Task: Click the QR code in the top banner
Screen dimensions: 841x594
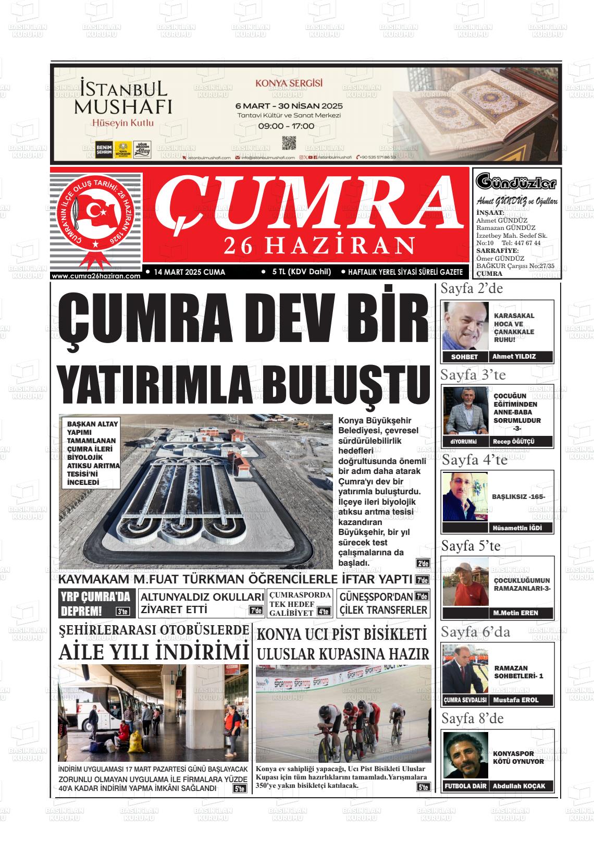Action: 289,143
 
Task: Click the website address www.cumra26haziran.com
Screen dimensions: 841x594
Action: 96,276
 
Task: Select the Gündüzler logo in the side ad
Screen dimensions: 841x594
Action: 516,183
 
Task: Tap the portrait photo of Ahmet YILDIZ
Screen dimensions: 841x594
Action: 466,326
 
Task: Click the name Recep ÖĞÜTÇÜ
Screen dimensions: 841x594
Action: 514,442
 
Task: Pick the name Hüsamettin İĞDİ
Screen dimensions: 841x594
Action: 514,528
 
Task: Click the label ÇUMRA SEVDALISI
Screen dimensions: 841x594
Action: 465,700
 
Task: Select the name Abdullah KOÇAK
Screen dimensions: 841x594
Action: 519,786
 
